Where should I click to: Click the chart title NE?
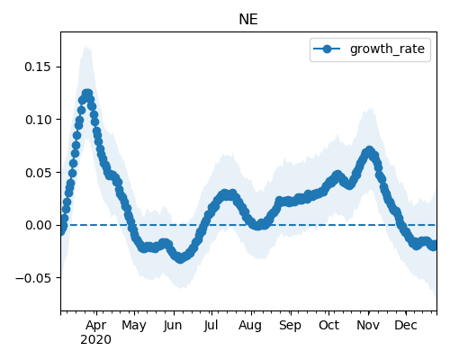(248, 20)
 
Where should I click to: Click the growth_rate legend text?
(387, 49)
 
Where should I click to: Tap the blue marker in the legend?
(327, 49)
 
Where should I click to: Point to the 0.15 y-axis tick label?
(38, 67)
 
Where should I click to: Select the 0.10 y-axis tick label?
(38, 120)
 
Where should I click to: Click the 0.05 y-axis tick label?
(38, 173)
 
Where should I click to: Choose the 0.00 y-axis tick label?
(38, 225)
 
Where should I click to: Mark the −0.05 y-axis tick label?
(33, 278)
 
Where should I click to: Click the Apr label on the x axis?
(95, 326)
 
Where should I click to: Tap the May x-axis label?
(134, 326)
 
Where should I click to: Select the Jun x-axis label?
(173, 326)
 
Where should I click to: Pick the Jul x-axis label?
(211, 326)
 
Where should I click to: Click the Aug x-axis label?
(250, 326)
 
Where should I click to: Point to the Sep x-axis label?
(290, 326)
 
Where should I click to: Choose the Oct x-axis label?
(328, 326)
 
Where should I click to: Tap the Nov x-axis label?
(368, 326)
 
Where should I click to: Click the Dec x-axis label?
(406, 326)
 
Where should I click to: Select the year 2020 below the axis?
(95, 340)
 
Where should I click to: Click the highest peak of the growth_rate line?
(87, 94)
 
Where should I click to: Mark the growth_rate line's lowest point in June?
(180, 258)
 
